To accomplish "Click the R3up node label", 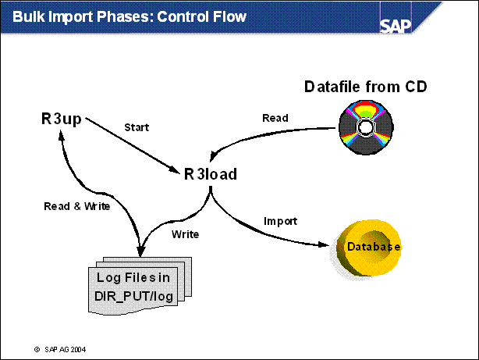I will click(63, 119).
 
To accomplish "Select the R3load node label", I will click(211, 174).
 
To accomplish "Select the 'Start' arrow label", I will click(137, 127).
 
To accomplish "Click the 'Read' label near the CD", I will click(275, 118).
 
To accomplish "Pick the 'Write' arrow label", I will click(184, 233).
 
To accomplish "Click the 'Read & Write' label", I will click(76, 207).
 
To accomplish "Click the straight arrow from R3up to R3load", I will click(133, 142).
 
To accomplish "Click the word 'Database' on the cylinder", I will click(374, 248).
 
